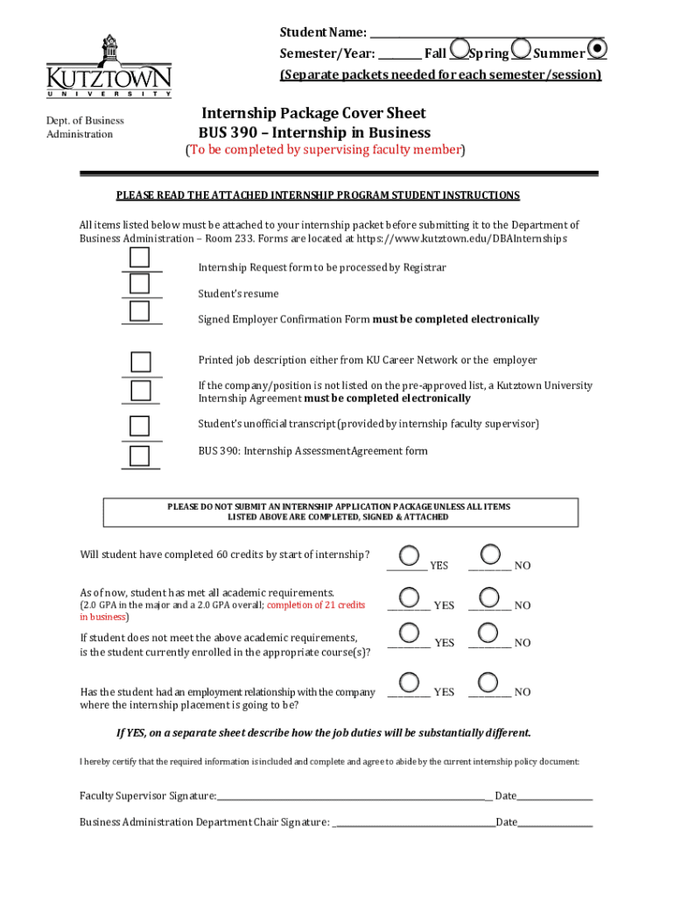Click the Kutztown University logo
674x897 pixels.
[109, 67]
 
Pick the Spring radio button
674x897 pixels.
[521, 49]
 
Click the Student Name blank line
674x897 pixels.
[487, 32]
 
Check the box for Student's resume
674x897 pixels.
[140, 284]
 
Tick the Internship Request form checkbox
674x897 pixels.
[140, 258]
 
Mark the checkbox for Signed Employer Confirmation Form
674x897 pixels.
[140, 311]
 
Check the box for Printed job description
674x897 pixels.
[140, 363]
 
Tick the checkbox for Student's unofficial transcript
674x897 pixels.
[140, 426]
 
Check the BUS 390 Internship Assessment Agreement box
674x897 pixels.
[140, 456]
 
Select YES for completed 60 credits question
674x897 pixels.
[408, 554]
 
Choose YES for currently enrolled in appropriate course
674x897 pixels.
[408, 632]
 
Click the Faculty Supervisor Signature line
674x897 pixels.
[355, 795]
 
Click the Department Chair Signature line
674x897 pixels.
[413, 822]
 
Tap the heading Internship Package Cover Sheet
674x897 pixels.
[313, 113]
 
